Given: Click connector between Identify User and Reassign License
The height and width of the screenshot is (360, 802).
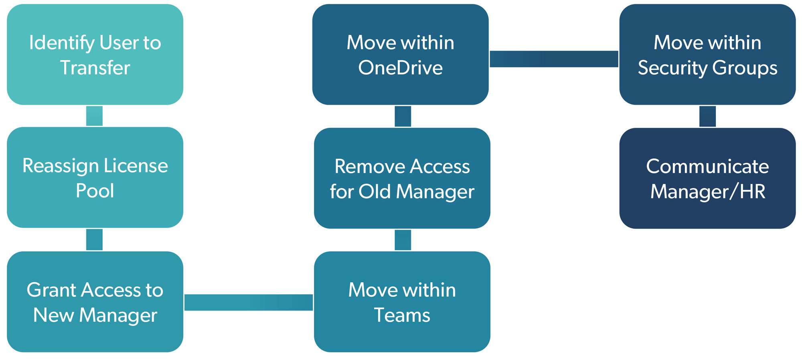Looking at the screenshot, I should coord(94,116).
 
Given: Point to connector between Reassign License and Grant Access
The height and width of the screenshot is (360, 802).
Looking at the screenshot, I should coord(94,239).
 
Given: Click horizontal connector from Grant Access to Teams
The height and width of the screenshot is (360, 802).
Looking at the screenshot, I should coord(249,302).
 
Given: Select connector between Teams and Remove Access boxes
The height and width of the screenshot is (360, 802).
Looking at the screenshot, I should coord(403,240).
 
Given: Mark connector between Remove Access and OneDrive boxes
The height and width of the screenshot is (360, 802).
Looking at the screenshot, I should coord(403,116).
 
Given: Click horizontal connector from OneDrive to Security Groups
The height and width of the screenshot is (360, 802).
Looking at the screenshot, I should coord(554,59).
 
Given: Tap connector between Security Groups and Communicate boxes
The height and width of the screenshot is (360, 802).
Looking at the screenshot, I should coord(707,116).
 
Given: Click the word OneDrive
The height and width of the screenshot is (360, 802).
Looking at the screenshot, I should coord(400,67).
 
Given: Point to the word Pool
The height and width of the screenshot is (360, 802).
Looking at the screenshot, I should coord(95,190).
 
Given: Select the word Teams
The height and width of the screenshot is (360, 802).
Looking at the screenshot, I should coord(402,315).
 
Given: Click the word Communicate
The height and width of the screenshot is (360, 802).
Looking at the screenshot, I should coord(707,166).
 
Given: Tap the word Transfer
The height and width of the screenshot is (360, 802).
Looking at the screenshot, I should coord(95,67).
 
